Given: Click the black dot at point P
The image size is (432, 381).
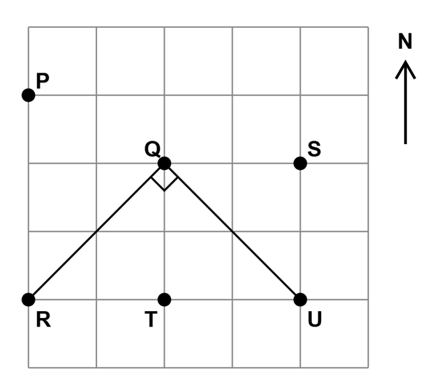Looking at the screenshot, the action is click(29, 95).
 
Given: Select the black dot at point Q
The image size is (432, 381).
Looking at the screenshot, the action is click(165, 164).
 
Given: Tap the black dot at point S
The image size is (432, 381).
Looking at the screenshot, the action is click(300, 164).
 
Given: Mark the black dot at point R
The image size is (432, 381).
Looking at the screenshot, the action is click(29, 300).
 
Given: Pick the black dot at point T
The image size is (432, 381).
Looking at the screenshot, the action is click(165, 300).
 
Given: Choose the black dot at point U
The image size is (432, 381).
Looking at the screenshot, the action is click(300, 300).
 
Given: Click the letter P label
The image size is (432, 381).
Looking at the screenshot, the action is click(43, 81).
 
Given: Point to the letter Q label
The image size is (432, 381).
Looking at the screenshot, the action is click(152, 150).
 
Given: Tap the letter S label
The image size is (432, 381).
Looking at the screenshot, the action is click(314, 149).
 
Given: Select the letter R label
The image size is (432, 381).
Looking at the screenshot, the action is click(43, 319).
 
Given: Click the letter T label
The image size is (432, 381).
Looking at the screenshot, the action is click(151, 319).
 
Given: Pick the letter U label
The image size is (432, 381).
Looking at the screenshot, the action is click(315, 319).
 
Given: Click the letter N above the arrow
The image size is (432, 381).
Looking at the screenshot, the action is click(405, 41).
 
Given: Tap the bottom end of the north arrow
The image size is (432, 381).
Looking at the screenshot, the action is click(405, 144).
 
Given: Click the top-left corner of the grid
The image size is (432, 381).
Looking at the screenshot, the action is click(29, 27).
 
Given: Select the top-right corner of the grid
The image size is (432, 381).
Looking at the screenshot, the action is click(368, 27).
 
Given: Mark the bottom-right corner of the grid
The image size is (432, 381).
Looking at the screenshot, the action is click(368, 368).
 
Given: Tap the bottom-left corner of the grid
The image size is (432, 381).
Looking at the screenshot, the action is click(29, 368).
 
